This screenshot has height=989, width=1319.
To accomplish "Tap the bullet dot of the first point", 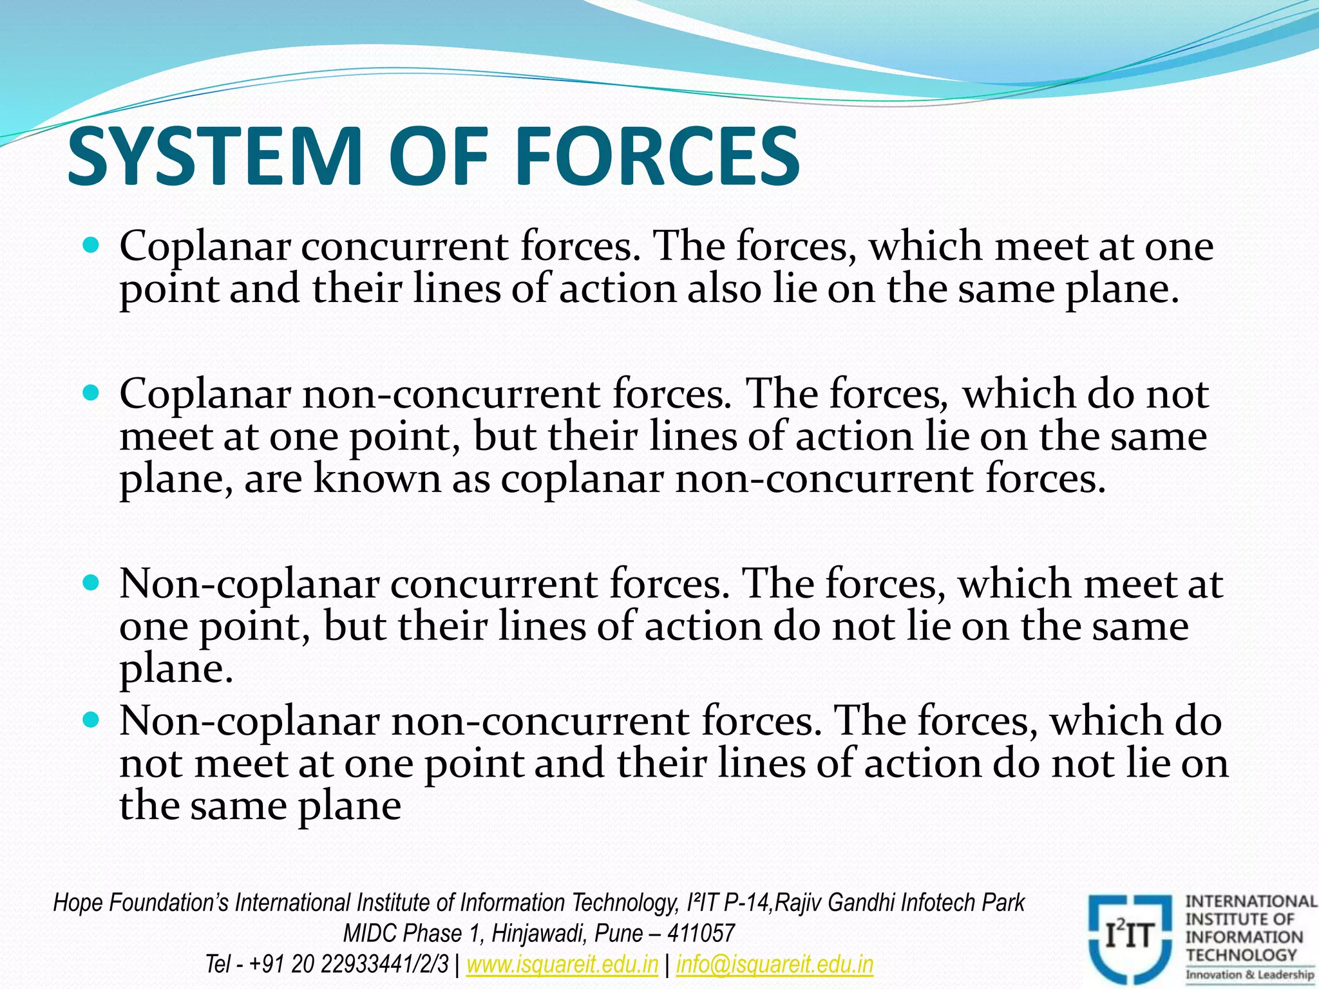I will click(91, 245).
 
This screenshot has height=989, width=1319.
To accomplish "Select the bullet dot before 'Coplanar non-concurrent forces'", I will click(91, 392).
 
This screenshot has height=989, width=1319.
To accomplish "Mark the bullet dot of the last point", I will click(91, 719).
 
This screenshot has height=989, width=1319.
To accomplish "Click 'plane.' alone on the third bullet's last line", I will click(176, 670).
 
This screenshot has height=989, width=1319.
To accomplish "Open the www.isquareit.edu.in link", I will click(562, 964).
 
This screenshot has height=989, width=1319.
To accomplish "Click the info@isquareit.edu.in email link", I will click(774, 964).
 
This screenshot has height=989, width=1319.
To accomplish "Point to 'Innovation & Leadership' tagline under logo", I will click(1249, 975).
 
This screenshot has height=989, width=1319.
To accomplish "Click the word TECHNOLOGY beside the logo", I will click(1241, 955).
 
